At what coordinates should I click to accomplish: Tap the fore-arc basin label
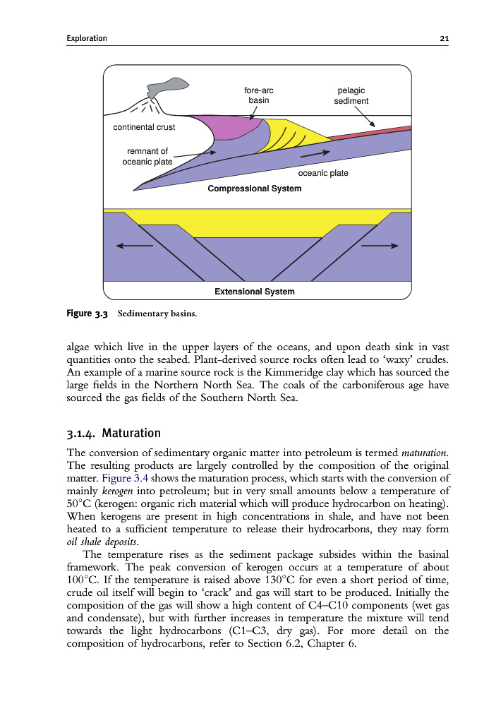pos(259,95)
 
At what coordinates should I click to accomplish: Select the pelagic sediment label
pos(351,95)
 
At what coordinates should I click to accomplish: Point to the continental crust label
pos(144,128)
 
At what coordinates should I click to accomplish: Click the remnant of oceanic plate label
pos(147,155)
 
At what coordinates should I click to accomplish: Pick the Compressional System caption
pos(254,189)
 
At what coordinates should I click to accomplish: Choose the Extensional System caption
pos(254,291)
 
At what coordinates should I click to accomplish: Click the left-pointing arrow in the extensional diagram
pos(134,246)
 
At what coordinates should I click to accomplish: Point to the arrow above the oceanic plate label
pos(315,153)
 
